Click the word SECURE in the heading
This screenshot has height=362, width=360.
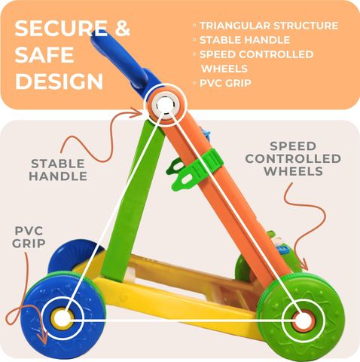click(61, 28)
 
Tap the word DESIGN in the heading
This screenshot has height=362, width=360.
click(59, 81)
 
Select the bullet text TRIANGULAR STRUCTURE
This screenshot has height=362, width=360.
click(269, 26)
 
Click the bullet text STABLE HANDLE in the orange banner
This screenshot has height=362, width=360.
click(245, 40)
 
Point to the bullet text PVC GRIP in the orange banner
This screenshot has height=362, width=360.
click(225, 83)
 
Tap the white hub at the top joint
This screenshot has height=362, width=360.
click(164, 105)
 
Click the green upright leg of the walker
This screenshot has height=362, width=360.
click(133, 201)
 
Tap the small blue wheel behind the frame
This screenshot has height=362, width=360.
click(73, 255)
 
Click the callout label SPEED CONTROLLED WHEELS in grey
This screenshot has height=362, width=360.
click(293, 158)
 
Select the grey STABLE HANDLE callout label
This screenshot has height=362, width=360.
click(58, 170)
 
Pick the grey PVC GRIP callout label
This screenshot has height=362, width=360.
click(29, 237)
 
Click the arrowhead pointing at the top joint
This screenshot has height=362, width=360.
click(137, 112)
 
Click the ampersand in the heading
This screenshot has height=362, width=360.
click(122, 28)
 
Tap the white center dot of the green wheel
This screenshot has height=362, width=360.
click(303, 321)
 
